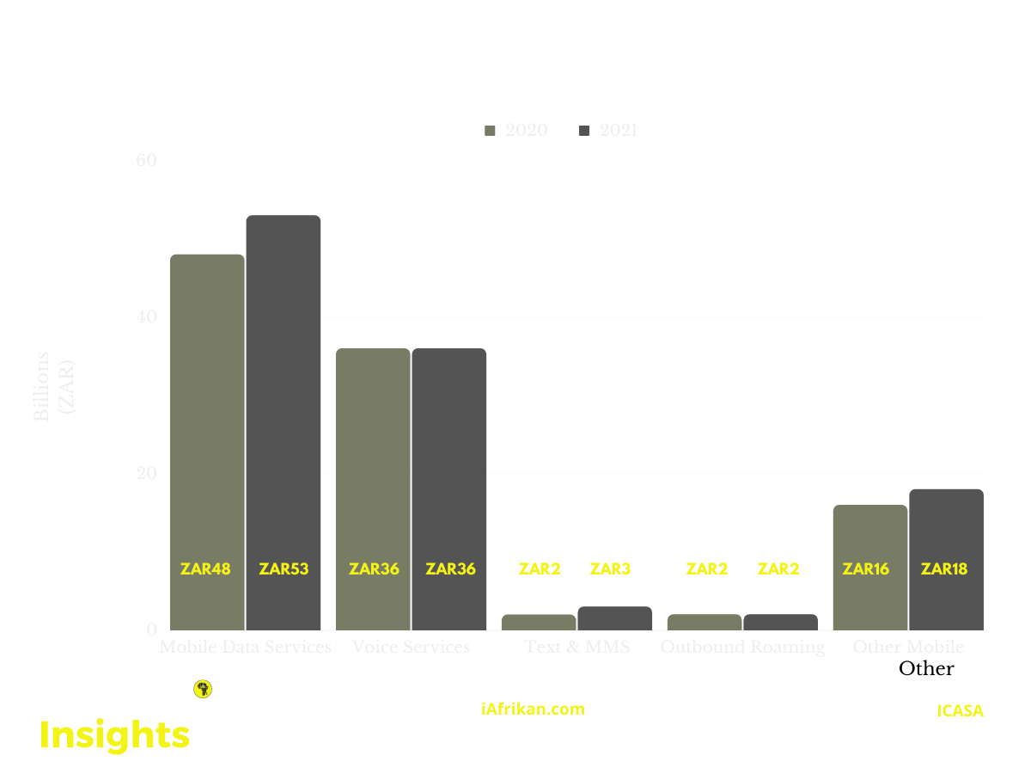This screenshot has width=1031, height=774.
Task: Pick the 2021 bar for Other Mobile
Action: [x=946, y=533]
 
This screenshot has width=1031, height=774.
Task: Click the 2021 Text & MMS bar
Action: [x=614, y=618]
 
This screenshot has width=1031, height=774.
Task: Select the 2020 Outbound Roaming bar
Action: [x=705, y=622]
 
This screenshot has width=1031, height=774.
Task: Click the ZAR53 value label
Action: [x=284, y=568]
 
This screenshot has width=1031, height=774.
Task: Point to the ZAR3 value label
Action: [x=610, y=568]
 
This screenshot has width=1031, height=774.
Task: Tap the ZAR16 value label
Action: [x=866, y=568]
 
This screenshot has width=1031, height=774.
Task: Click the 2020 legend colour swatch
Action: [x=491, y=131]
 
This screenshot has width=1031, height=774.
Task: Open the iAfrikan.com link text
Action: [x=533, y=709]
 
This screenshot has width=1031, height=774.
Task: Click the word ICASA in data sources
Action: [x=960, y=711]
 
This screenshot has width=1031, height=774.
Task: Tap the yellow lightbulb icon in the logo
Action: [x=204, y=689]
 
